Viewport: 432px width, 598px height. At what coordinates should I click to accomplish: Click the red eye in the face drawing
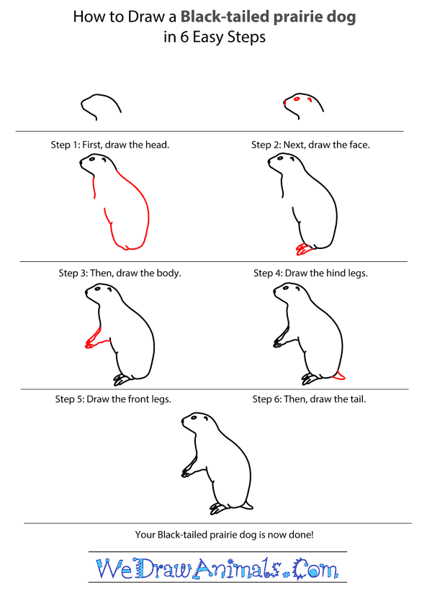pyautogui.click(x=300, y=99)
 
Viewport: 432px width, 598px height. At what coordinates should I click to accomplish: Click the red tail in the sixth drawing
pyautogui.click(x=341, y=375)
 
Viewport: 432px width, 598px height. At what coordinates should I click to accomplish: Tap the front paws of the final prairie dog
pyautogui.click(x=186, y=472)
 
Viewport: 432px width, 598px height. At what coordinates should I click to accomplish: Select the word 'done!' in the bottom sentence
pyautogui.click(x=297, y=535)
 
